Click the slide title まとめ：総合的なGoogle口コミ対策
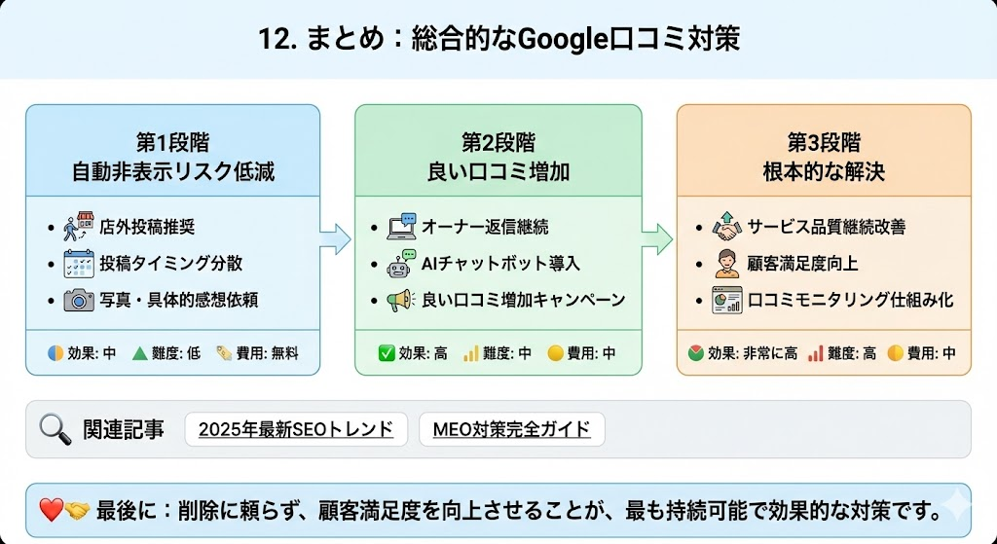tap(498, 39)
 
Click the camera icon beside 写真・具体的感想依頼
tap(79, 300)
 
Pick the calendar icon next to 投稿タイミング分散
tap(79, 263)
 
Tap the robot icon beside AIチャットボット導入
tap(401, 263)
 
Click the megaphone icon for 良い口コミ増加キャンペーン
tap(401, 300)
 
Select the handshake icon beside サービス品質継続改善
tap(726, 227)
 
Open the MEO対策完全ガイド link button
tap(512, 428)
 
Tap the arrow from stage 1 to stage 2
tap(335, 237)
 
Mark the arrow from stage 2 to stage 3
tap(658, 237)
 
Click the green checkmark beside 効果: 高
tap(386, 353)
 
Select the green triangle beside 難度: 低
tap(138, 353)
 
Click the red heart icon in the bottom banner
tap(51, 508)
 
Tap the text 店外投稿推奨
tap(147, 227)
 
